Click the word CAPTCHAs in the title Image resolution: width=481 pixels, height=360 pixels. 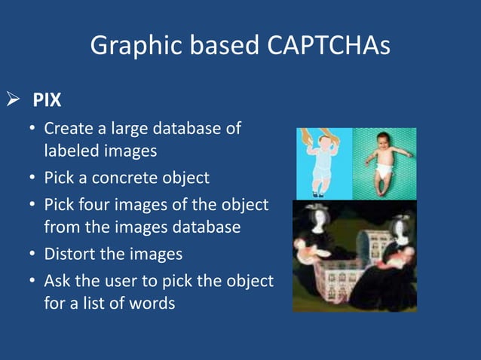(x=329, y=46)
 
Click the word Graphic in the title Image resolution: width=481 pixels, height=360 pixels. (x=130, y=47)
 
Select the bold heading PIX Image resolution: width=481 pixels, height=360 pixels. (x=47, y=100)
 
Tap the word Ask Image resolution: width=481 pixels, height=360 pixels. (x=59, y=281)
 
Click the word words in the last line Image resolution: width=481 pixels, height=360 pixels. (x=153, y=304)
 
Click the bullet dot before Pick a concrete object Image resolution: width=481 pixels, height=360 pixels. (x=32, y=178)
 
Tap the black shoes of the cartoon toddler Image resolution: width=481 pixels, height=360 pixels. (x=320, y=194)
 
